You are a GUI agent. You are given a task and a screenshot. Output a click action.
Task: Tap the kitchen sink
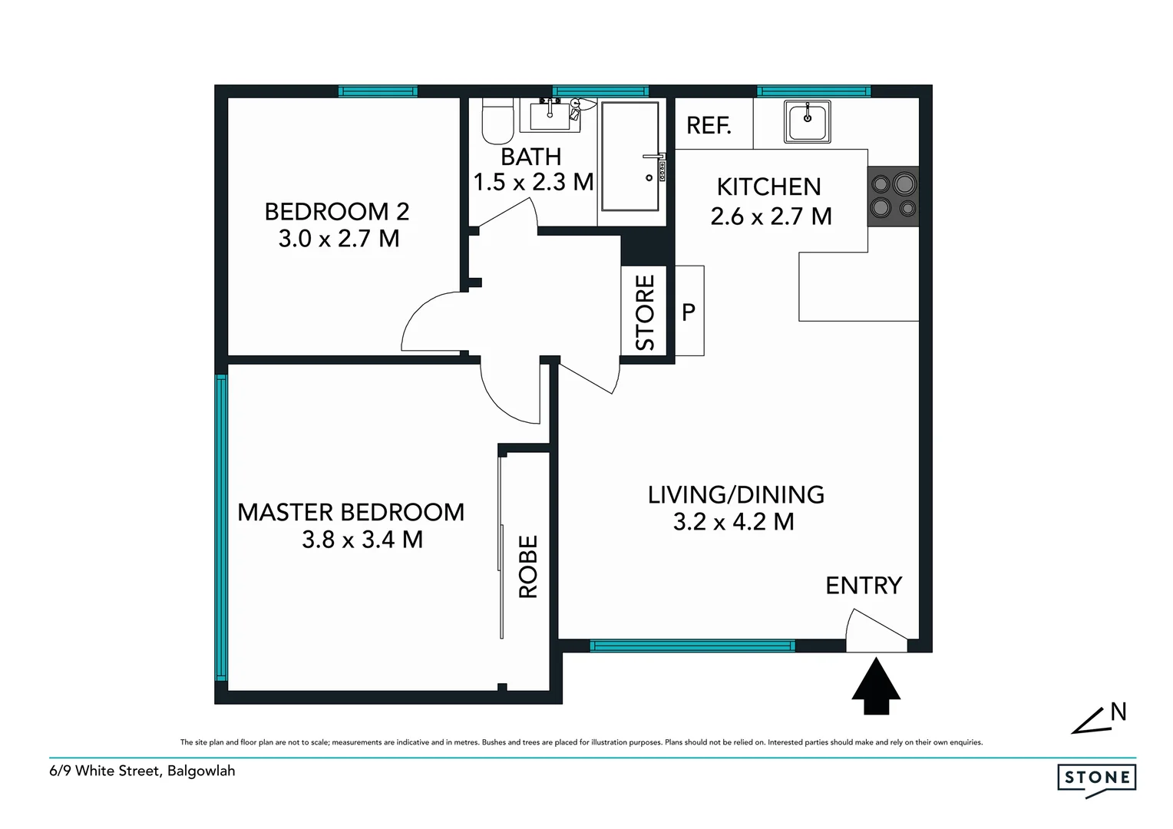click(807, 122)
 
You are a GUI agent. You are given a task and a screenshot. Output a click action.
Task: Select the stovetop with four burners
click(894, 196)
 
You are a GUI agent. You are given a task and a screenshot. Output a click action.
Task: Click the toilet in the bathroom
click(497, 122)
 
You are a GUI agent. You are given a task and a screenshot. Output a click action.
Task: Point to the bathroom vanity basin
click(550, 117)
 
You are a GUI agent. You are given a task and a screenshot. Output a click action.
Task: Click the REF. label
click(708, 125)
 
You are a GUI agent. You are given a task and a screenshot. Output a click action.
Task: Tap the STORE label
click(646, 312)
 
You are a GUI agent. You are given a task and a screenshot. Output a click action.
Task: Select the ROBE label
click(528, 566)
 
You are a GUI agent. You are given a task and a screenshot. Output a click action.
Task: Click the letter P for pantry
click(689, 312)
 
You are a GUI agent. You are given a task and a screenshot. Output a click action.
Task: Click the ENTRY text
click(864, 586)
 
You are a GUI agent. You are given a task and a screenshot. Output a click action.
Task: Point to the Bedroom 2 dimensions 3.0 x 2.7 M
click(339, 239)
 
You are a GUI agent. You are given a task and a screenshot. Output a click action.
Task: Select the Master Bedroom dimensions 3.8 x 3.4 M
click(362, 540)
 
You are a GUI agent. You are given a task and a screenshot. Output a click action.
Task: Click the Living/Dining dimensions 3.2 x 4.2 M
click(733, 522)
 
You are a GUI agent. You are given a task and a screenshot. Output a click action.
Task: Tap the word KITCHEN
click(768, 187)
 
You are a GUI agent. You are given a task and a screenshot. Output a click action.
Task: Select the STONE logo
click(1096, 778)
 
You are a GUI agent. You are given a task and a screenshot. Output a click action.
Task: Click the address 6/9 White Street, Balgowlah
click(142, 771)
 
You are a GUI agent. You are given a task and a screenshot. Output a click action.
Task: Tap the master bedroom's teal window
click(221, 527)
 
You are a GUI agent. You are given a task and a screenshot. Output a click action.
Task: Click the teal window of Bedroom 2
click(378, 91)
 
